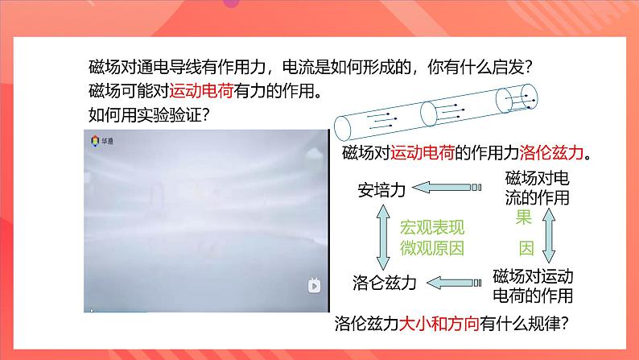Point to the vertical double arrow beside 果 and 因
pos(549,234)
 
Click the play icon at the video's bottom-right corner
pos(313,284)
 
